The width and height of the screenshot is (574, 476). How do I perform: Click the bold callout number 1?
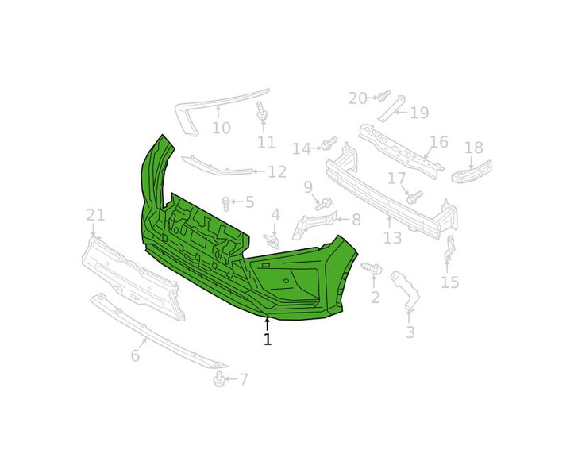tap(268, 340)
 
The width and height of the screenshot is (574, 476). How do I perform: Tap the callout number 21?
tap(95, 215)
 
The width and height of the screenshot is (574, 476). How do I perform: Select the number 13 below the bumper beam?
tap(392, 238)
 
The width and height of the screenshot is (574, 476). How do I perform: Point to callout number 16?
tap(439, 142)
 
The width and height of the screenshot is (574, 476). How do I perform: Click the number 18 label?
tap(474, 148)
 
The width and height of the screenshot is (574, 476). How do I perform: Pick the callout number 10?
tap(222, 128)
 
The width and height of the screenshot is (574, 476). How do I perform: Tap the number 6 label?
tap(136, 355)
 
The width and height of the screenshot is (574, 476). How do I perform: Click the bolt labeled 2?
tap(372, 269)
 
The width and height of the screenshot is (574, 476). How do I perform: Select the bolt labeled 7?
tap(219, 379)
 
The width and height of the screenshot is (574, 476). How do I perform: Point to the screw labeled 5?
tap(225, 203)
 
